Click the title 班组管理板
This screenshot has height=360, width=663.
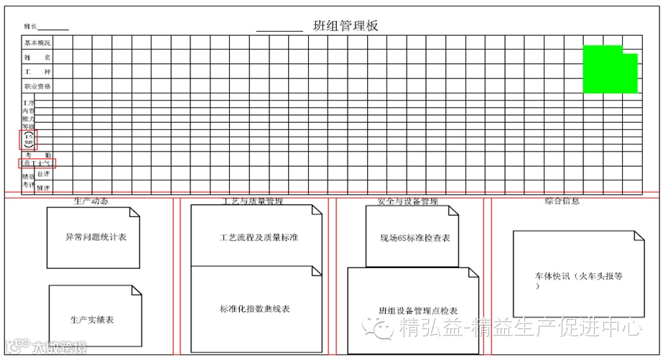(346, 26)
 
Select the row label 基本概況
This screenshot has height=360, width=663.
(37, 42)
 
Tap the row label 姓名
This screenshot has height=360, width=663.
(37, 57)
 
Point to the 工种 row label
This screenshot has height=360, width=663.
(37, 72)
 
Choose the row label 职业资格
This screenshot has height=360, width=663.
(37, 86)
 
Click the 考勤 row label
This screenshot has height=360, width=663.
(39, 154)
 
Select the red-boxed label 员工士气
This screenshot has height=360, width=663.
(38, 164)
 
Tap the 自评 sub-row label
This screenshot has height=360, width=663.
(44, 174)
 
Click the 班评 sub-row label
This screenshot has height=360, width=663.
(44, 188)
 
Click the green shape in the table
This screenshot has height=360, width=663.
(610, 70)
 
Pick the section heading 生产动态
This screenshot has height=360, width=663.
(91, 201)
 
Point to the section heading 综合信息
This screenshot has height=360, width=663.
(562, 201)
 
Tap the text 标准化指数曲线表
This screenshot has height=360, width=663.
(255, 309)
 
